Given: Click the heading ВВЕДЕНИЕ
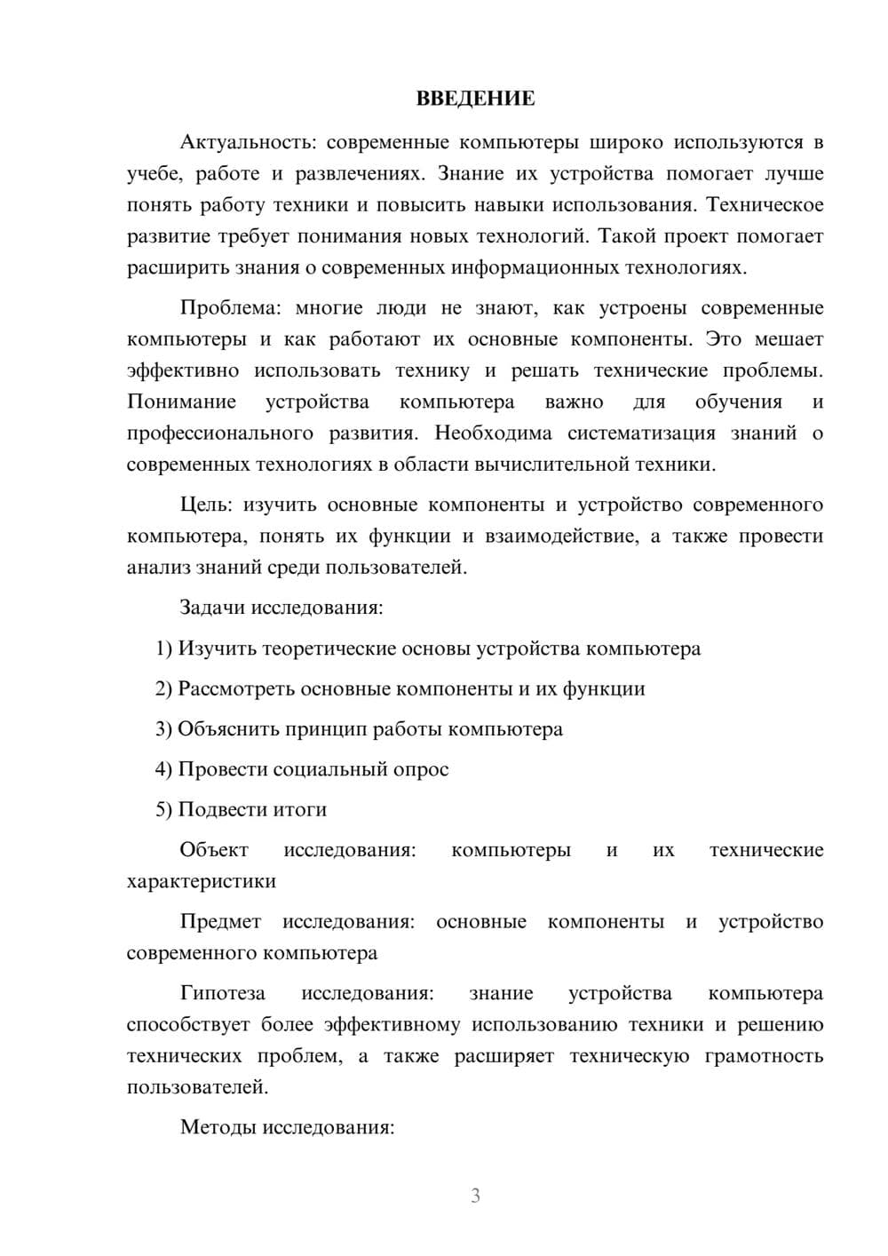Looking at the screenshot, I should [475, 99].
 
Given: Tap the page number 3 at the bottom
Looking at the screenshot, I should [475, 1196].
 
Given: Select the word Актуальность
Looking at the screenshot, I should [234, 142].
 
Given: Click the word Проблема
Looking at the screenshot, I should [229, 308].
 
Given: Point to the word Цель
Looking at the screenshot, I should [205, 505].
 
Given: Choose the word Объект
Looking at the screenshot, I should [214, 850].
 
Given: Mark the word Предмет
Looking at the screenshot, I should [220, 922].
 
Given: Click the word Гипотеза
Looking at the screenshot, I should [222, 993].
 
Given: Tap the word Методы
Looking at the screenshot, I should [213, 1128].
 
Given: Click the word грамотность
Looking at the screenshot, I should [764, 1056].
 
